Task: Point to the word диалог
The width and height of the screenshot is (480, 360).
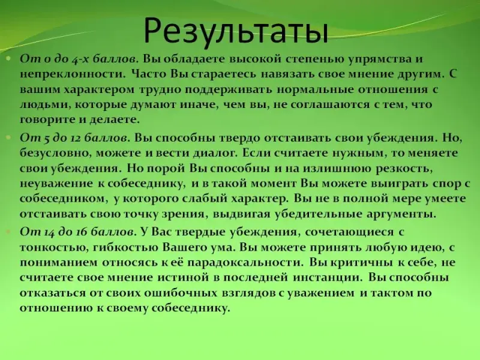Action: click(215, 153)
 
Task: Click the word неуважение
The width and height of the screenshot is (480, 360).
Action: click(56, 184)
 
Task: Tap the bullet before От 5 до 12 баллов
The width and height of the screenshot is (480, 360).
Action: click(8, 137)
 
